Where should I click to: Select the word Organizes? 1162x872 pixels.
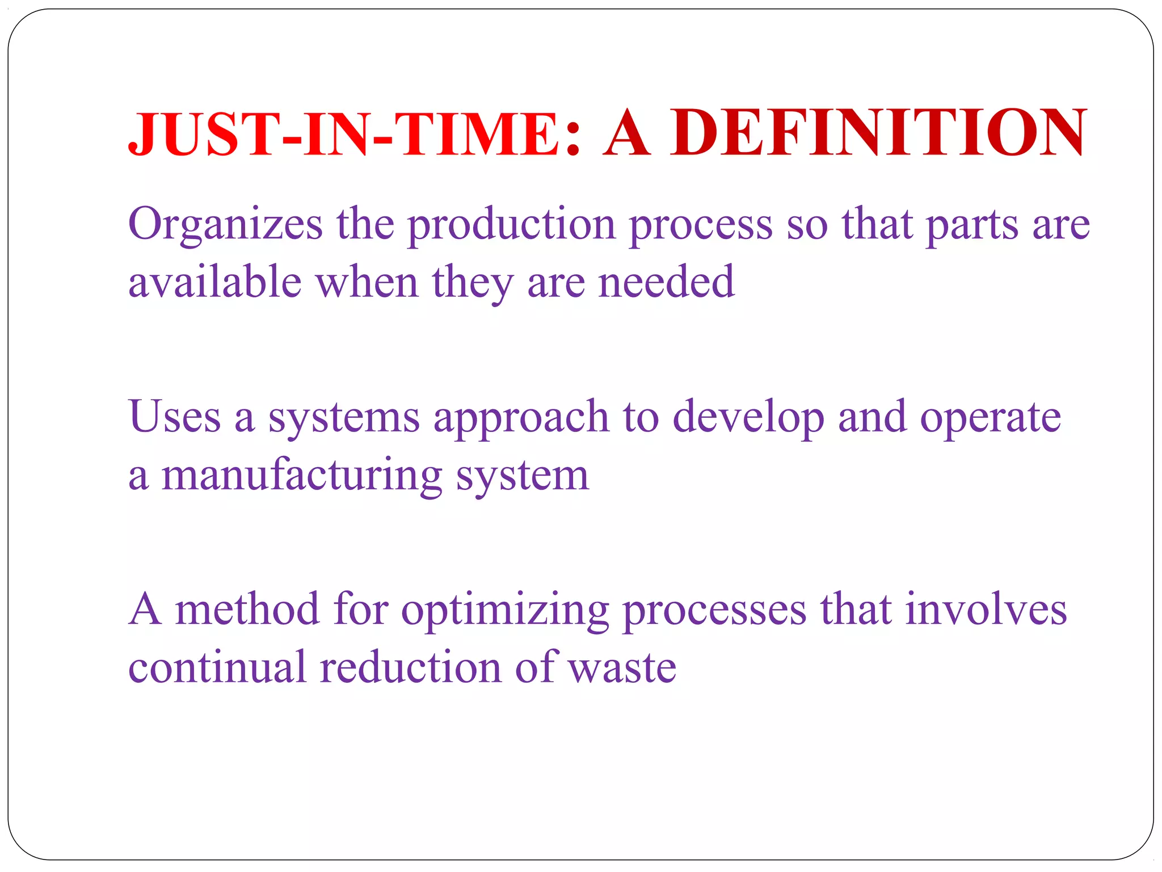(225, 225)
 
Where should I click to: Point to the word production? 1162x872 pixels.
(511, 225)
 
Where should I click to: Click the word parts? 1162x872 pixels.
(972, 225)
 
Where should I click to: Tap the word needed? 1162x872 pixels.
(666, 282)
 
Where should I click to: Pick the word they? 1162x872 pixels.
(472, 283)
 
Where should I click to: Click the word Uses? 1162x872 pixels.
(174, 417)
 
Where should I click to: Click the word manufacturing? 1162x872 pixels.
(302, 476)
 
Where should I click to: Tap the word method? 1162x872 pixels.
(247, 609)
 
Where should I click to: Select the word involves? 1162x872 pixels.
(986, 609)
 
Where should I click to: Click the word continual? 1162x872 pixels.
(217, 667)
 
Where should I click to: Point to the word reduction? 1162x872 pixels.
(410, 667)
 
